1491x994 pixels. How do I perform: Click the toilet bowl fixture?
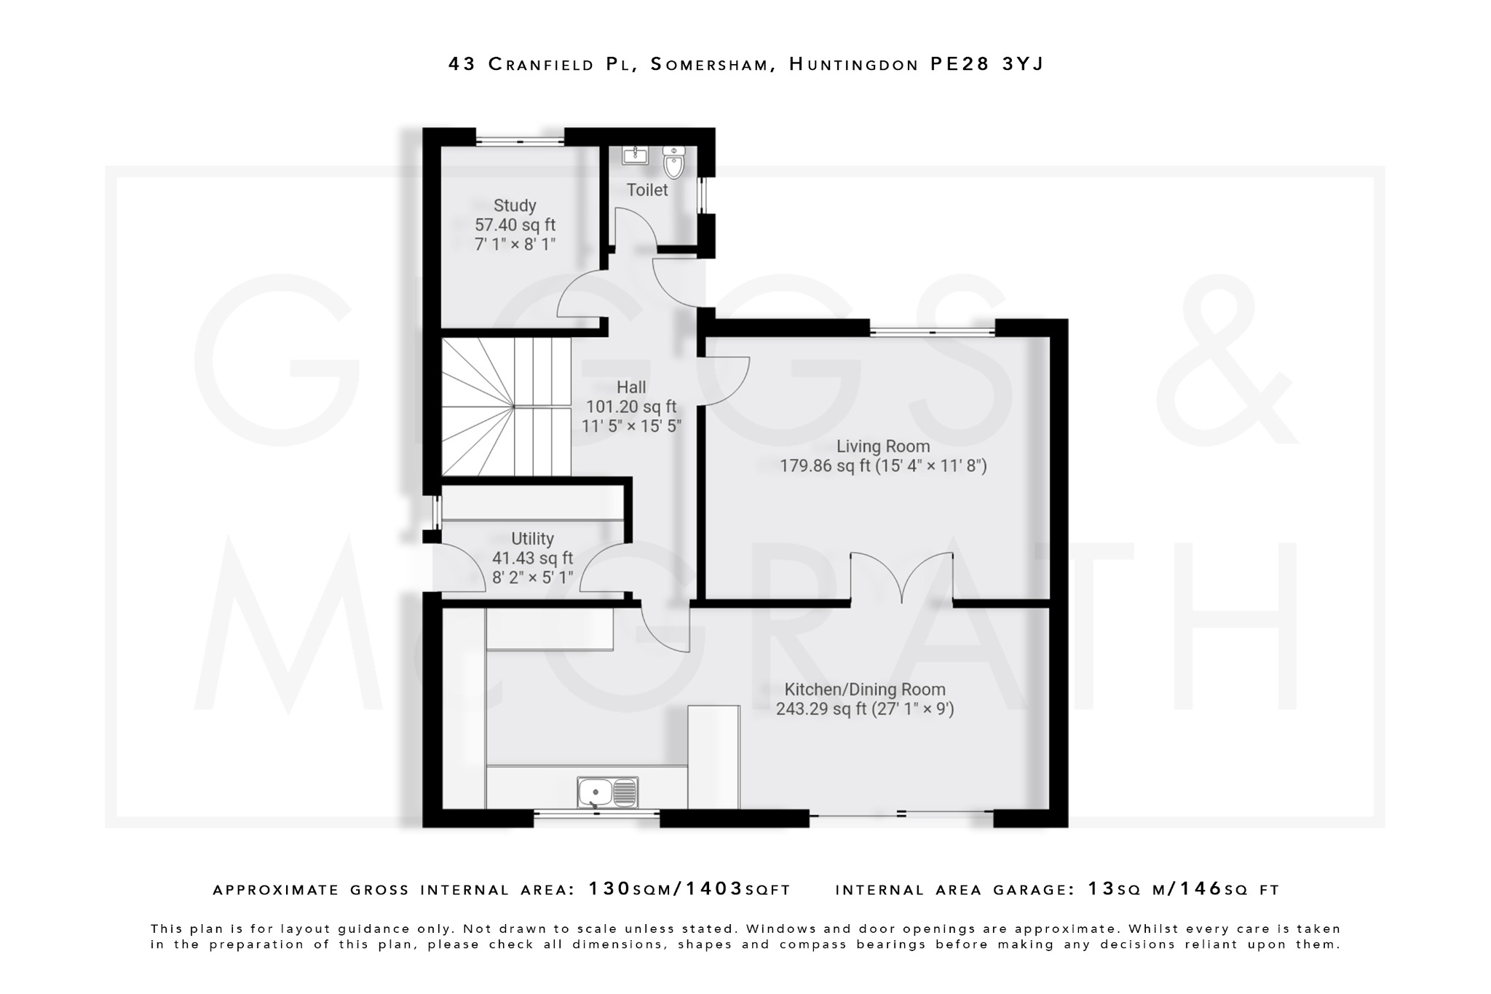(x=674, y=163)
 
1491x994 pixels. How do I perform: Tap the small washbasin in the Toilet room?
(x=635, y=154)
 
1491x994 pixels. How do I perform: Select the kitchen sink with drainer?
(x=607, y=792)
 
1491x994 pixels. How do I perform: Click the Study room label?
(x=515, y=205)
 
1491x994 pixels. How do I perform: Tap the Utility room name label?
(x=532, y=539)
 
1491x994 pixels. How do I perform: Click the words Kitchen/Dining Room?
(x=864, y=689)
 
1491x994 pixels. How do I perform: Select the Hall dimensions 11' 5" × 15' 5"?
(x=631, y=426)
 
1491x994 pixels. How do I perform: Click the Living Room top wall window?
(x=932, y=331)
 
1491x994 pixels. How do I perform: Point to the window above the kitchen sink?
(x=596, y=815)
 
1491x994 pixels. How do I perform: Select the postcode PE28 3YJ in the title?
(x=986, y=64)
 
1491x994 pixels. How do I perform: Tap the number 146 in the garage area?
(x=1201, y=889)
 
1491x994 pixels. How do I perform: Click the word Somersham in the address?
(x=709, y=64)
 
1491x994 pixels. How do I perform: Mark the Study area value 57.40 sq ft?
(x=515, y=225)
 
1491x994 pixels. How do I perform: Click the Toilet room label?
(x=647, y=190)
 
